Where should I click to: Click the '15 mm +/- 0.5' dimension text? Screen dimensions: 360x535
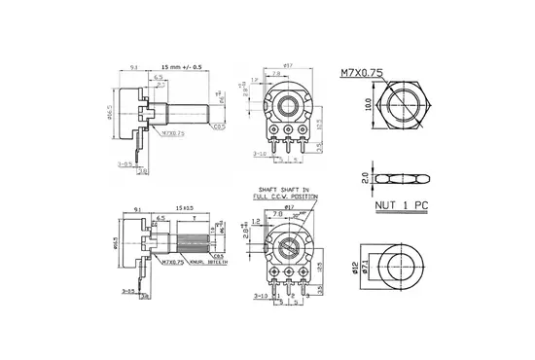(183, 67)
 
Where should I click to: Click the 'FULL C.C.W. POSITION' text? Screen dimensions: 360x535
(283, 198)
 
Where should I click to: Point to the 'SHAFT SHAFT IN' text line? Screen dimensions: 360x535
(282, 191)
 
